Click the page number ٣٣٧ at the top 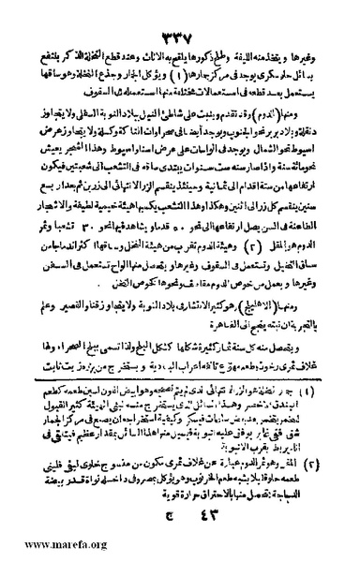click(x=179, y=12)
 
